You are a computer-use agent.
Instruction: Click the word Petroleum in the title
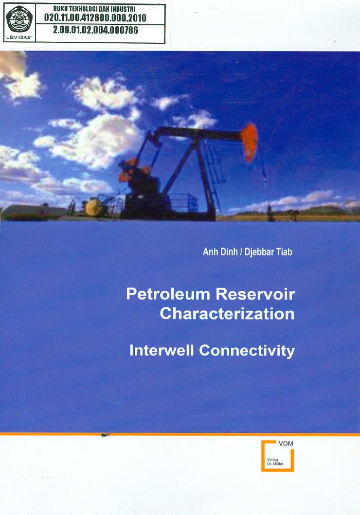pyautogui.click(x=168, y=294)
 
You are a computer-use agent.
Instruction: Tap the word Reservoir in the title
pyautogui.click(x=255, y=294)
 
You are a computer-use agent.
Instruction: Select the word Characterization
pyautogui.click(x=227, y=314)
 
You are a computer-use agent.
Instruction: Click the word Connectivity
pyautogui.click(x=247, y=351)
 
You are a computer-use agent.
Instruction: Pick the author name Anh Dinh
pyautogui.click(x=220, y=252)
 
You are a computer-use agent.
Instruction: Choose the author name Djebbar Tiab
pyautogui.click(x=269, y=252)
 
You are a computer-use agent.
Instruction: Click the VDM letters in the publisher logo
pyautogui.click(x=286, y=444)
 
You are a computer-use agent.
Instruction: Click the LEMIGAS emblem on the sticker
pyautogui.click(x=19, y=19)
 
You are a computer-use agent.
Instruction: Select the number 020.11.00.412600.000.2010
pyautogui.click(x=95, y=18)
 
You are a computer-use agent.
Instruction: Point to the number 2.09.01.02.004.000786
pyautogui.click(x=95, y=30)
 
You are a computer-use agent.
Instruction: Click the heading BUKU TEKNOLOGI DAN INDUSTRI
pyautogui.click(x=94, y=9)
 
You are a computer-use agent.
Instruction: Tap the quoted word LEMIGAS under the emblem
pyautogui.click(x=19, y=37)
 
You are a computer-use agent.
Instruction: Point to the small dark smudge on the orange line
pyautogui.click(x=106, y=435)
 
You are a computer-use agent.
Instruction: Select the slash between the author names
pyautogui.click(x=241, y=252)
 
